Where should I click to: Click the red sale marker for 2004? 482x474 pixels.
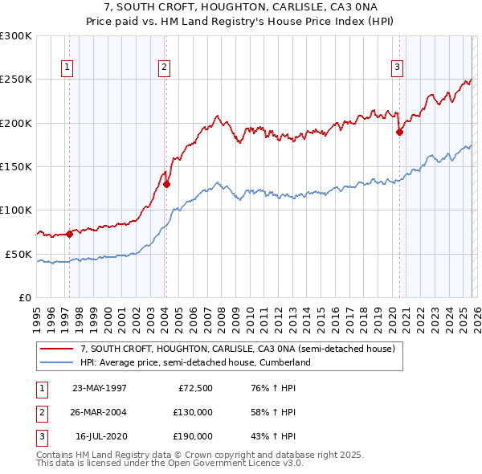pyautogui.click(x=166, y=184)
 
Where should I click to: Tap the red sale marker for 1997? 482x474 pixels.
pyautogui.click(x=69, y=234)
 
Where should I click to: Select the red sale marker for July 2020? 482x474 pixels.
pyautogui.click(x=399, y=133)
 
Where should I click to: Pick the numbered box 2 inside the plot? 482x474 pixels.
pyautogui.click(x=163, y=68)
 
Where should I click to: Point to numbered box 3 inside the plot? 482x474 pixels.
pyautogui.click(x=397, y=68)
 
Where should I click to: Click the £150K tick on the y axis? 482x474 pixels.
pyautogui.click(x=16, y=166)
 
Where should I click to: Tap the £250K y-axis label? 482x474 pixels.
pyautogui.click(x=16, y=80)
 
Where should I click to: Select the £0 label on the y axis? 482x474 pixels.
pyautogui.click(x=22, y=297)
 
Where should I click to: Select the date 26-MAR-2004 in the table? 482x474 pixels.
pyautogui.click(x=100, y=412)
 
